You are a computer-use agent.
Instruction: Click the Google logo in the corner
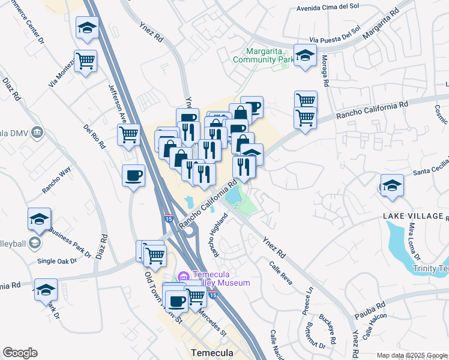[x=20, y=353]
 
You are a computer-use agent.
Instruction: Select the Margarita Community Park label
[x=264, y=55]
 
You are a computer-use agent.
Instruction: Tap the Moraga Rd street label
[x=325, y=71]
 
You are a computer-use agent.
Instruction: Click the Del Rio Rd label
[x=94, y=136]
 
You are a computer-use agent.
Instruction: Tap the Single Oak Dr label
[x=57, y=261]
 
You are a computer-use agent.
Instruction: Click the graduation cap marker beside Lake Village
[x=392, y=185]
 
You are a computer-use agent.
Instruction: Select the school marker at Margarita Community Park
[x=305, y=55]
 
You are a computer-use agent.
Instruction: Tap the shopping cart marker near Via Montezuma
[x=85, y=61]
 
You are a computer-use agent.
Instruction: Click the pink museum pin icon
[x=183, y=277]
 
